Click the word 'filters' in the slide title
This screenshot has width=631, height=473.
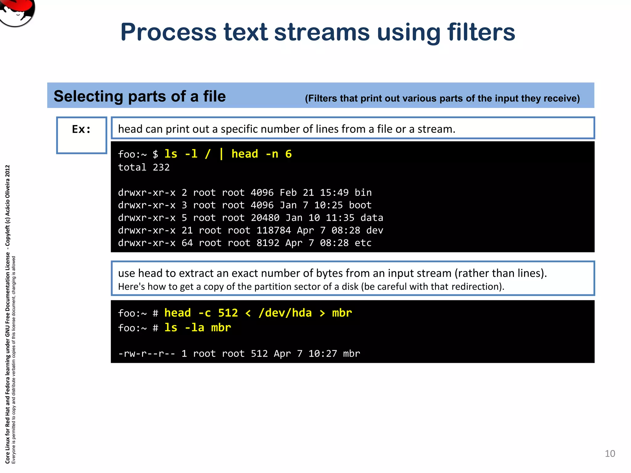click(x=481, y=32)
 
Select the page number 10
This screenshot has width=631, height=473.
click(x=610, y=453)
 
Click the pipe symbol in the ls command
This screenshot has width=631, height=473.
click(x=221, y=154)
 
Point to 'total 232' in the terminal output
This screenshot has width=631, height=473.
click(x=144, y=168)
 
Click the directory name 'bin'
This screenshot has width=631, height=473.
click(x=363, y=193)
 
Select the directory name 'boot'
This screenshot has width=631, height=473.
click(x=360, y=205)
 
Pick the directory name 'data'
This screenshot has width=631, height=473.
click(x=372, y=218)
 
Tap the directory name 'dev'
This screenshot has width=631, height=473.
click(x=375, y=231)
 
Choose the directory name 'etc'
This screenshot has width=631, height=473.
click(x=363, y=243)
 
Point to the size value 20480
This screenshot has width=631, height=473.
click(x=265, y=218)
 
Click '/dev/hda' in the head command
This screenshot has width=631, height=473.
click(x=285, y=313)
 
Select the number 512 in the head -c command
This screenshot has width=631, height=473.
click(x=228, y=313)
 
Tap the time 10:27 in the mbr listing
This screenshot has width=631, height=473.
click(x=323, y=354)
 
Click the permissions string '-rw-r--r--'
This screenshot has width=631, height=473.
click(x=147, y=354)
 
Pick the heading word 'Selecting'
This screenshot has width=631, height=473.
click(x=88, y=96)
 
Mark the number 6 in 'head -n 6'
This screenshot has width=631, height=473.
click(x=288, y=154)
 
